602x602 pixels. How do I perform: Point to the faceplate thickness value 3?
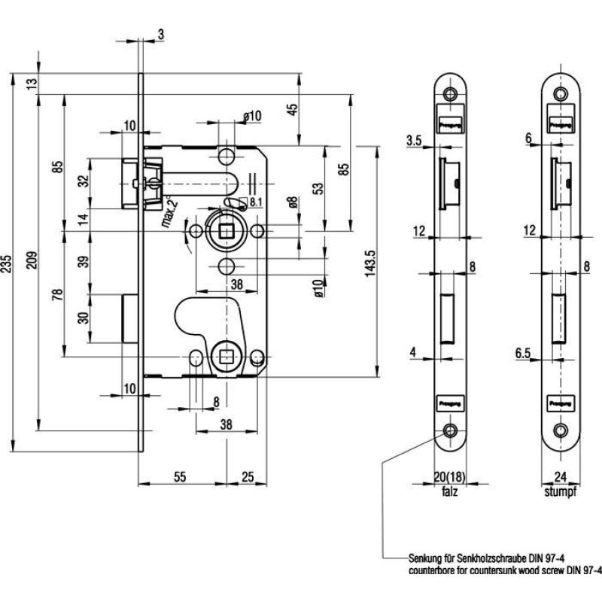[x=163, y=32]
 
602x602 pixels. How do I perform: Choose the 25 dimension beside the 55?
[x=247, y=476]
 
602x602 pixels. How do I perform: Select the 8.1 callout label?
[x=254, y=202]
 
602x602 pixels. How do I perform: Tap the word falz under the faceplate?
[x=450, y=494]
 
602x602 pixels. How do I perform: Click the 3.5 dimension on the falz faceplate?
[x=412, y=139]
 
